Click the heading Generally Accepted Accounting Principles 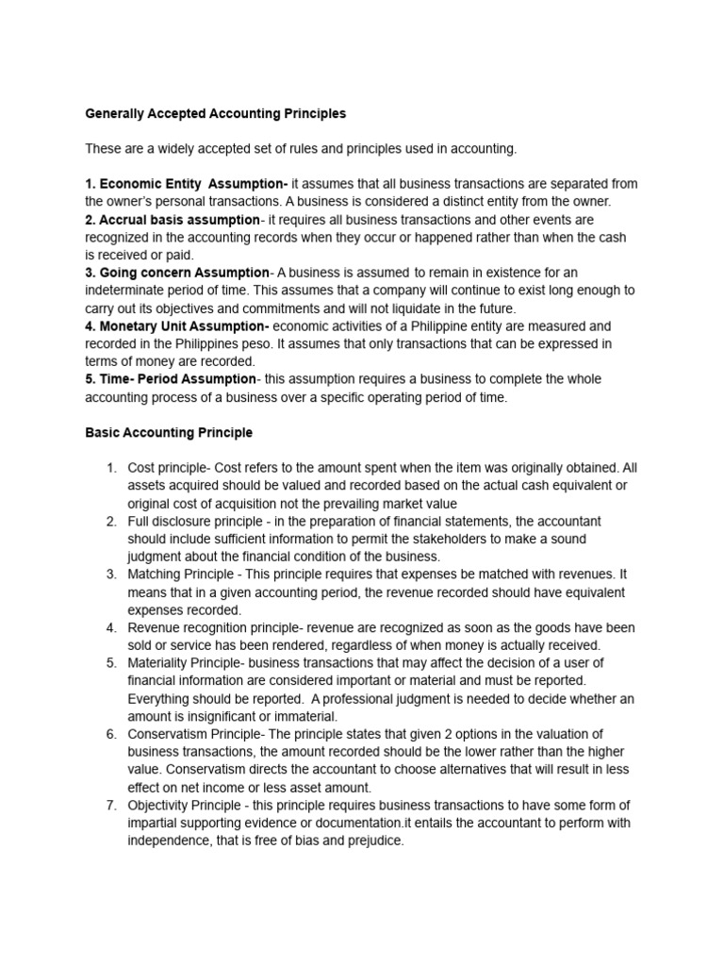pos(216,113)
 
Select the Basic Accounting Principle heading pos(169,433)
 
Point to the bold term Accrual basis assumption pos(172,220)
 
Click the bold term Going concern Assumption pos(176,273)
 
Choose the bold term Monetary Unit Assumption pos(177,325)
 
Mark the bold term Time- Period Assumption pos(171,379)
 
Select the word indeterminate pos(131,291)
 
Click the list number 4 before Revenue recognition pos(110,628)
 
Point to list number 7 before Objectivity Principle pos(110,805)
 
